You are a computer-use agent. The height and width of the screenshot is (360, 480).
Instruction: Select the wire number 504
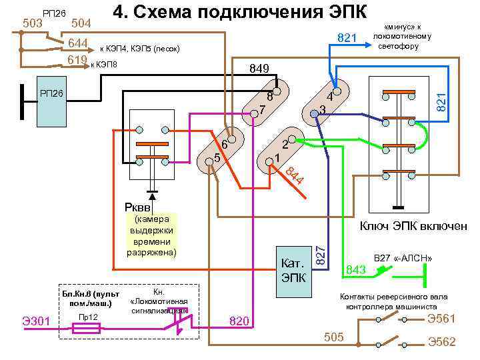(81, 24)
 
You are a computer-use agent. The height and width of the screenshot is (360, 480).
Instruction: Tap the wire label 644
(77, 44)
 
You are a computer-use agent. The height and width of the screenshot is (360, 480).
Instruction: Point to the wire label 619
(77, 61)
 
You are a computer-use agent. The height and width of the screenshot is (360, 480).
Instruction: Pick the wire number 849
(259, 69)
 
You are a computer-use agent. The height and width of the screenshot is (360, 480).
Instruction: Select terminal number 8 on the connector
(270, 95)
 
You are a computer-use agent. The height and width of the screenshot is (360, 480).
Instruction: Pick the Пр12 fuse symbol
(88, 328)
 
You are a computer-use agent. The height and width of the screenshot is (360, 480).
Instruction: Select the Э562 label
(441, 341)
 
